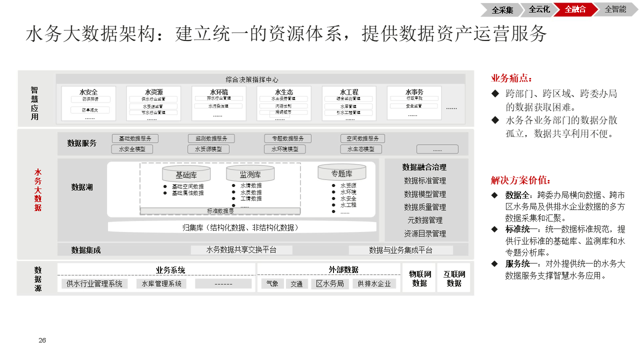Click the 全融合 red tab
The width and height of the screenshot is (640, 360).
click(575, 9)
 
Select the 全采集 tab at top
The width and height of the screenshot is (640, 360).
click(502, 9)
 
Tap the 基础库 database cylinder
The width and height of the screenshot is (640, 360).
click(186, 174)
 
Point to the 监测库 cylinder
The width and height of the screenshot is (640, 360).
click(250, 174)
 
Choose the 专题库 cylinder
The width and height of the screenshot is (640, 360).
click(341, 173)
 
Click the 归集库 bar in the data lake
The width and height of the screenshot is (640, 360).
click(242, 227)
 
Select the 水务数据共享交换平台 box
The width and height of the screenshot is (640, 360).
click(241, 250)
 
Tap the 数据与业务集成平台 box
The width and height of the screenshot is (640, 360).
click(400, 250)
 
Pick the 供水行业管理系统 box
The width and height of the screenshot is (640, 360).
click(94, 284)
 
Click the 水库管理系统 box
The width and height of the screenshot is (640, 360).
click(161, 284)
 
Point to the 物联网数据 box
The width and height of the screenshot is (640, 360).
click(419, 278)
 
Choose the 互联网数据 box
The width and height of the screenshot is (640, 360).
click(454, 278)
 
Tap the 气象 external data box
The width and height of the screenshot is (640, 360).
click(272, 284)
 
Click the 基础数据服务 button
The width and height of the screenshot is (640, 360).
click(135, 138)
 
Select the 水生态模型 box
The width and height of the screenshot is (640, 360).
click(361, 149)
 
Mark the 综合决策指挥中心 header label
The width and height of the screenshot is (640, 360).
click(252, 79)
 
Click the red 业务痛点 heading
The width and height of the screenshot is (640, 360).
click(511, 78)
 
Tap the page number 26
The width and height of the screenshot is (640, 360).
click(42, 340)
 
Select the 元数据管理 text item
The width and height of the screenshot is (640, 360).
click(424, 220)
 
